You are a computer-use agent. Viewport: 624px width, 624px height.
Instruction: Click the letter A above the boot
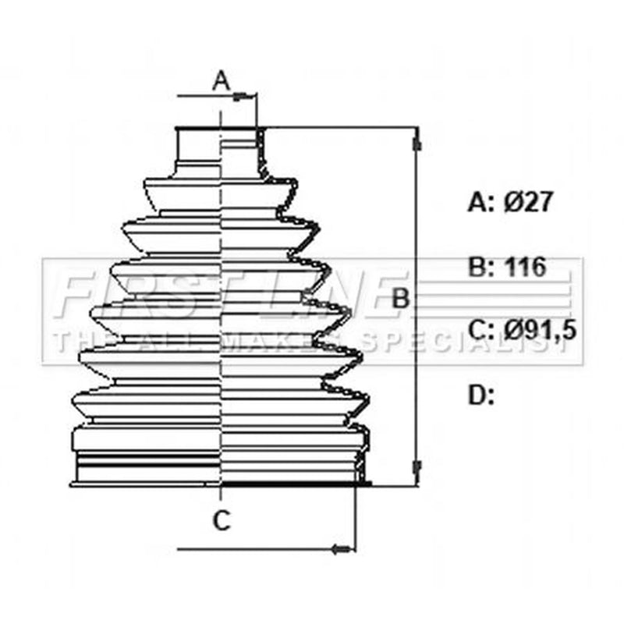click(x=222, y=81)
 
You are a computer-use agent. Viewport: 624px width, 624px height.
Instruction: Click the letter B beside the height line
click(x=400, y=299)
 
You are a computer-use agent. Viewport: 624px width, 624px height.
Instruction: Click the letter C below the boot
click(x=222, y=520)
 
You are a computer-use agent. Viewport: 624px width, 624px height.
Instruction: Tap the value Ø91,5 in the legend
click(x=540, y=331)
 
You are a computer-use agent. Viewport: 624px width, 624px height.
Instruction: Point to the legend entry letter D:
click(x=480, y=395)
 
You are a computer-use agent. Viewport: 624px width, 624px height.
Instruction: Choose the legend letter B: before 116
click(x=480, y=267)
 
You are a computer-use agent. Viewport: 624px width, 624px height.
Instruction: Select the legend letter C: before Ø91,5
click(x=480, y=331)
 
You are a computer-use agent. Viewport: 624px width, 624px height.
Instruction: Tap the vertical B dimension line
click(x=417, y=307)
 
